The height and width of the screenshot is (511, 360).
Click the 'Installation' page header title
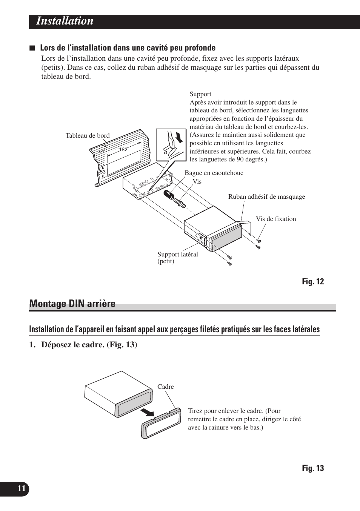pyautogui.click(x=65, y=21)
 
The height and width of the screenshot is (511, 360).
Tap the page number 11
pyautogui.click(x=21, y=489)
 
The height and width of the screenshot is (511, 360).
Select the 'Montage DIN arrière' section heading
pyautogui.click(x=72, y=304)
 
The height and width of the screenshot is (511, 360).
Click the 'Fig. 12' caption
pyautogui.click(x=312, y=282)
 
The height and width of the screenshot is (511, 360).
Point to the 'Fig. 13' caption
pyautogui.click(x=312, y=468)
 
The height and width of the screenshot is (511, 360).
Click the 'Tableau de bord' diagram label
pyautogui.click(x=88, y=136)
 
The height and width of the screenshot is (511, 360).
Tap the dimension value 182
pyautogui.click(x=123, y=150)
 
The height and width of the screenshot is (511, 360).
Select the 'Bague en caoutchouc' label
pyautogui.click(x=214, y=173)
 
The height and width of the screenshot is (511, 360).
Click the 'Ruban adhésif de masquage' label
pyautogui.click(x=266, y=197)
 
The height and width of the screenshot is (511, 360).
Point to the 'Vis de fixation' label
pyautogui.click(x=276, y=219)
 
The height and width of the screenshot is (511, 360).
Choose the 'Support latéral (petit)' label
pyautogui.click(x=177, y=258)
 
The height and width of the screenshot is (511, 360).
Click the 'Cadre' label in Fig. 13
pyautogui.click(x=166, y=387)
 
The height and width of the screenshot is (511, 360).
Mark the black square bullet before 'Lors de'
pyautogui.click(x=32, y=48)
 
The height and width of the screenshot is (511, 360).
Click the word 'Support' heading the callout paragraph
pyautogui.click(x=200, y=94)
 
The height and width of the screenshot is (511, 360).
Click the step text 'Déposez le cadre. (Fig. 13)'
pyautogui.click(x=89, y=345)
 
